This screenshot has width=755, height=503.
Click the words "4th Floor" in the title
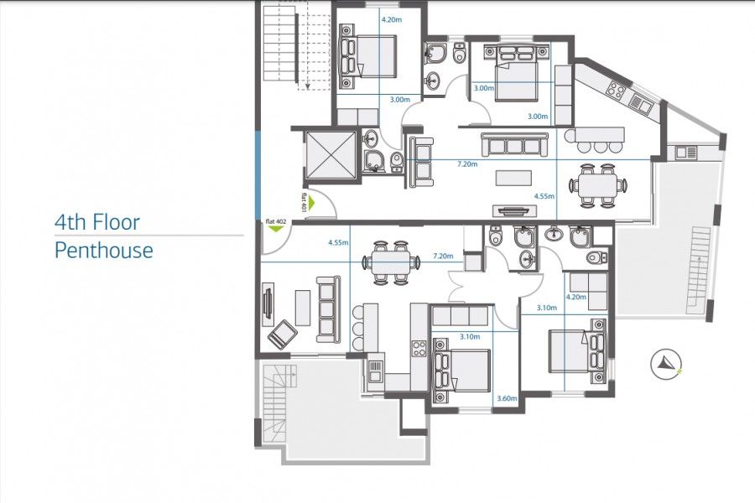coord(96,223)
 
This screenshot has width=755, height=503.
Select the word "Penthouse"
coord(103,250)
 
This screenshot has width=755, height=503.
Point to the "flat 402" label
coord(274,221)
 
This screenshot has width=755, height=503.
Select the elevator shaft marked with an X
coord(326,155)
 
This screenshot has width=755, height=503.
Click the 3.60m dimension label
coord(505,399)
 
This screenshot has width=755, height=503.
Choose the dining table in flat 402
coord(390,262)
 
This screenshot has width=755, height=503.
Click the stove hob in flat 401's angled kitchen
coord(619,89)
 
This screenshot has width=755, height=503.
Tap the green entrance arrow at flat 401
coord(310,202)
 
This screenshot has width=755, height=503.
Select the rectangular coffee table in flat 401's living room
coord(513,178)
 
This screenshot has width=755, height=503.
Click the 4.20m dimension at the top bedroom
coord(391,18)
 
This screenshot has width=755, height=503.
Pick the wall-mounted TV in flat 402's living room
coord(267,303)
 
